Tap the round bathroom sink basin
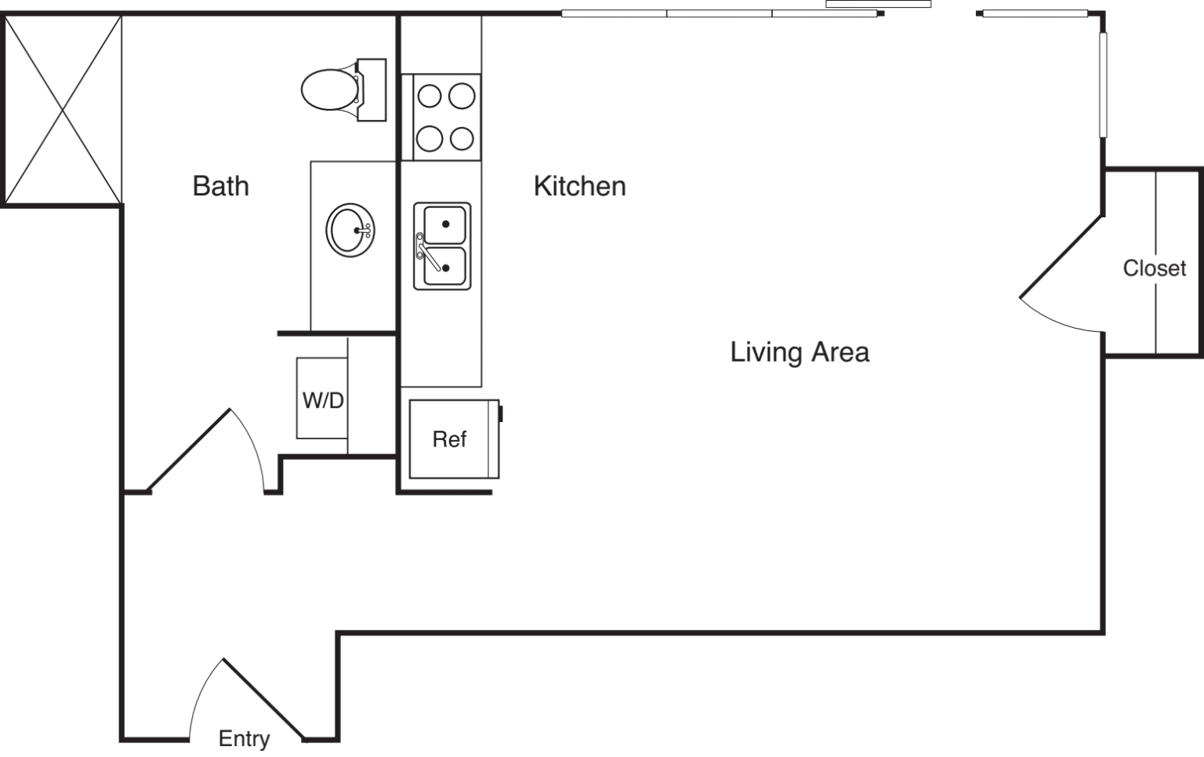[350, 230]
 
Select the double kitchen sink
[443, 246]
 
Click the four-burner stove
[441, 118]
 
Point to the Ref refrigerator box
[451, 439]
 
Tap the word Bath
[220, 186]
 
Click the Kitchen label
[579, 186]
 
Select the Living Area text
[799, 351]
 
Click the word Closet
[1154, 268]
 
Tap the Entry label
[244, 738]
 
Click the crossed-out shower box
[63, 110]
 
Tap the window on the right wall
[1103, 85]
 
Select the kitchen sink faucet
[426, 250]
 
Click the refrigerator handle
[501, 413]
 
